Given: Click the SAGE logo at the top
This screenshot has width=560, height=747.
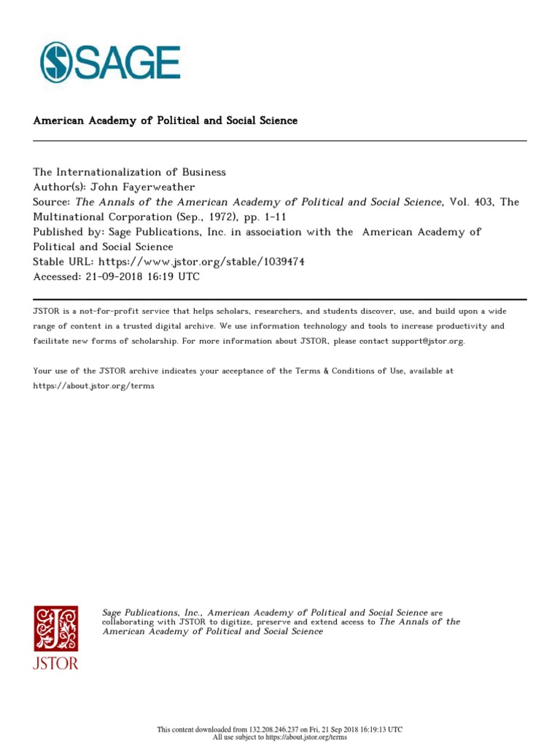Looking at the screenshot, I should (x=110, y=61).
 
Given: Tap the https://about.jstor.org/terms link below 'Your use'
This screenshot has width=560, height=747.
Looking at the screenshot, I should (x=93, y=386).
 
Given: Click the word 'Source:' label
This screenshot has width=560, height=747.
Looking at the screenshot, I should (x=52, y=201).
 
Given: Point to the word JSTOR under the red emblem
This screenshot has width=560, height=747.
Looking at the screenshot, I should (x=55, y=663).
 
